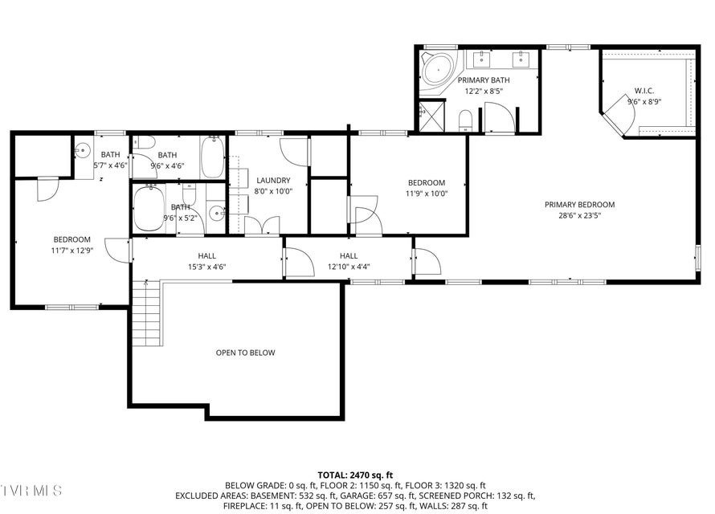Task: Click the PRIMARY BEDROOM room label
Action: click(x=579, y=205)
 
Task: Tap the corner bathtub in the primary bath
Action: click(x=438, y=69)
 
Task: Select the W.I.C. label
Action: click(x=643, y=91)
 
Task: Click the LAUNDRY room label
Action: click(x=273, y=181)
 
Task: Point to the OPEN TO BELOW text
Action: click(x=245, y=353)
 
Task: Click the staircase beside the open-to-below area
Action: click(x=147, y=313)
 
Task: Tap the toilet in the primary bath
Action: click(x=465, y=120)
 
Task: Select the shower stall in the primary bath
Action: click(x=431, y=116)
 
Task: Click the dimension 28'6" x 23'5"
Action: click(x=579, y=215)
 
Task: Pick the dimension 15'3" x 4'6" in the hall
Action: click(x=207, y=267)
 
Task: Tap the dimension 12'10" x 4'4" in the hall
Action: click(x=349, y=267)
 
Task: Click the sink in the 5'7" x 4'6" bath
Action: click(x=83, y=150)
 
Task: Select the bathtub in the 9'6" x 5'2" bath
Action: click(x=149, y=209)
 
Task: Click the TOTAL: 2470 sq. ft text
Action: click(x=355, y=475)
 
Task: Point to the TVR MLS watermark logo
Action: click(x=31, y=491)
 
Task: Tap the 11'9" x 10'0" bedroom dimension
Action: click(x=427, y=194)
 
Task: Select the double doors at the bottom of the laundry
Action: click(x=262, y=225)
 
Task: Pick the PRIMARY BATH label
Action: click(x=484, y=80)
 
